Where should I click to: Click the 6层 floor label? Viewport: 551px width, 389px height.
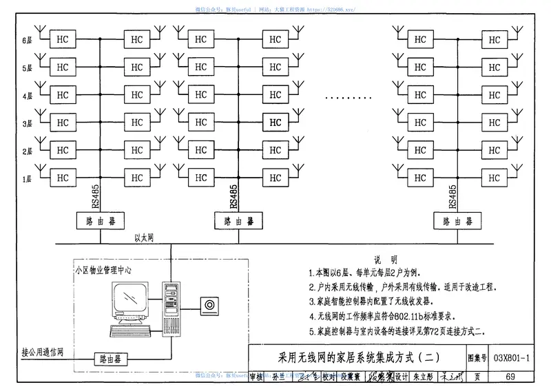click(x=28, y=40)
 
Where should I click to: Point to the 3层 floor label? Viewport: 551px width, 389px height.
click(x=28, y=123)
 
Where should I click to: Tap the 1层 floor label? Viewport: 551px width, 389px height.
click(x=28, y=179)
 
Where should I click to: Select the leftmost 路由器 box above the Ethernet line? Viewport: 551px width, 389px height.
click(x=100, y=221)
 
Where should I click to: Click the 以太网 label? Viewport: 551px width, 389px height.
click(x=143, y=238)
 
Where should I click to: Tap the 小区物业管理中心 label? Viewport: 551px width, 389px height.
click(x=103, y=270)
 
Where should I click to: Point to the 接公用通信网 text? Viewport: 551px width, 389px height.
click(x=42, y=353)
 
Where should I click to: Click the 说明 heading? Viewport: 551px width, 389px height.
click(x=385, y=260)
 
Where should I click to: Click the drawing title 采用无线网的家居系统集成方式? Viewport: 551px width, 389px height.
click(x=357, y=359)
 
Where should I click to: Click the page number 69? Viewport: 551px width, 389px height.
click(x=510, y=376)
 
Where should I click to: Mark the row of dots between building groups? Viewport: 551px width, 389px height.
click(x=348, y=98)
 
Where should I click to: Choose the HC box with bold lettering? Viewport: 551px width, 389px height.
click(x=275, y=123)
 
